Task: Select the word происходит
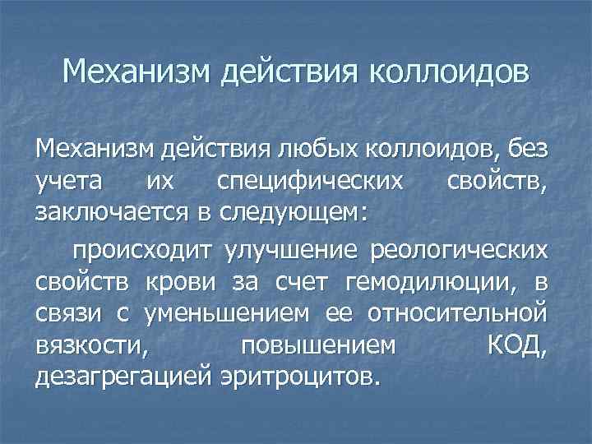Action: click(x=142, y=250)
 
